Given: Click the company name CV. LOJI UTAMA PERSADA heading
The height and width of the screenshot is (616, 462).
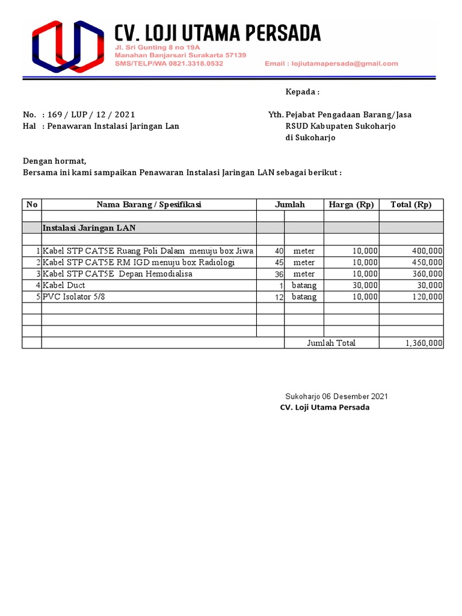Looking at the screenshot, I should pos(218,32).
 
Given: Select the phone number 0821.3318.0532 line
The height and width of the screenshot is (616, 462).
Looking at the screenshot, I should pos(169,63).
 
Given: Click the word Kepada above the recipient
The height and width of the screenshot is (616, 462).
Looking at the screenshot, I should pos(301,92).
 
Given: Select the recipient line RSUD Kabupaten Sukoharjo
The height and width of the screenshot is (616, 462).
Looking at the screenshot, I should pos(340,126).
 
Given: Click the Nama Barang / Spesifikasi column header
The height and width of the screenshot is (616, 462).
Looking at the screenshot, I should pos(149,205).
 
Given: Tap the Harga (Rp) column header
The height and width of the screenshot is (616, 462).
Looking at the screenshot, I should pos(351,205).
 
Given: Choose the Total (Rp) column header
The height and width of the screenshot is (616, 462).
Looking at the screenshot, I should pos(411,205).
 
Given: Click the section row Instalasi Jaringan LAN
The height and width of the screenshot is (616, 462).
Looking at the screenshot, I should pos(89,227).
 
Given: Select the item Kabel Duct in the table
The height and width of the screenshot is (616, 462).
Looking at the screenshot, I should pos(64,285).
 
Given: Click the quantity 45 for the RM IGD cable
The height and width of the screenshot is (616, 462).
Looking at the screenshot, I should pos(279,262).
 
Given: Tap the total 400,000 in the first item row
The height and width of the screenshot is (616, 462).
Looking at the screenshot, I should pos(427,251).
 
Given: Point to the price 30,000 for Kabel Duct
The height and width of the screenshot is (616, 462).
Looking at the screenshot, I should pos(365,285).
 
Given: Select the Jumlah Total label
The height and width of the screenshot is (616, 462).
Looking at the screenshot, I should pos(331,343).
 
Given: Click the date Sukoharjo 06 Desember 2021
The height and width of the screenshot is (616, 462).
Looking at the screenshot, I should pos(336,396).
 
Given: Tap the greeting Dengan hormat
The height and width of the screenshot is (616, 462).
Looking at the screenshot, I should pos(55,161).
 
